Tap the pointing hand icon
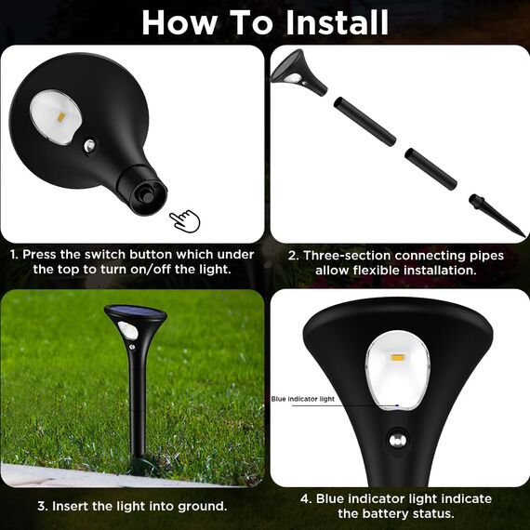(x=184, y=220)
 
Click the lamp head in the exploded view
(x=299, y=73)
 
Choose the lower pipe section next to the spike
(x=431, y=166)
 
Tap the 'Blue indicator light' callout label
(x=303, y=399)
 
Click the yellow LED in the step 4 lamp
(x=397, y=358)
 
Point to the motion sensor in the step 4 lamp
(x=400, y=441)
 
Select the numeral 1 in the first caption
(x=13, y=254)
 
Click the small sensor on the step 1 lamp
(x=89, y=146)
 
